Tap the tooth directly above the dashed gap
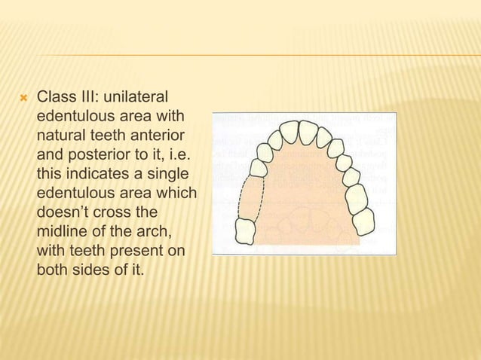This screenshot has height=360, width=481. (x=259, y=168)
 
